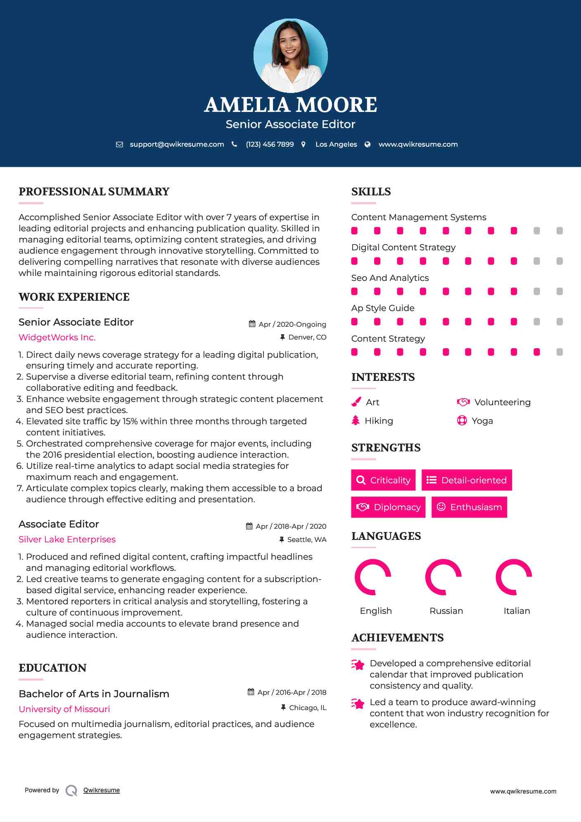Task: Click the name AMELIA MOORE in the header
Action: point(290,105)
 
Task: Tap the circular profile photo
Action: point(290,55)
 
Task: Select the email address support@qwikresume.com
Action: point(177,144)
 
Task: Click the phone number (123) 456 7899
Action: point(270,144)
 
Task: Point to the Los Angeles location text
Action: point(336,144)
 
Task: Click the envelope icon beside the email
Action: point(119,144)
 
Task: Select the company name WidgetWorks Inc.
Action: point(57,337)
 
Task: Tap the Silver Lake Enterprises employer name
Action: point(67,539)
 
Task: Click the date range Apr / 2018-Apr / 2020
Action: point(291,526)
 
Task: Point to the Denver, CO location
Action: point(307,337)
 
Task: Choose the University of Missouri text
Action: point(64,709)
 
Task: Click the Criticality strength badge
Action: point(383,480)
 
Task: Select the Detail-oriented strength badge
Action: point(467,480)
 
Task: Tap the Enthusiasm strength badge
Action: point(469,507)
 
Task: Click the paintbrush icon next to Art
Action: point(356,402)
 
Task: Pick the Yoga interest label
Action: point(482,421)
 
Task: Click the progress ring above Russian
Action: point(443,577)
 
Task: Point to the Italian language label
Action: point(517,611)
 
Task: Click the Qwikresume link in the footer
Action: point(102,790)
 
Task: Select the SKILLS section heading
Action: point(371,192)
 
